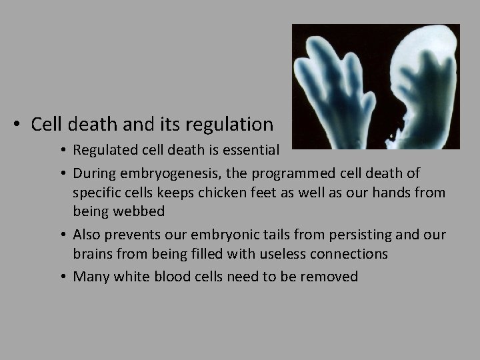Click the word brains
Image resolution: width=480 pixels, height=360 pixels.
point(93,254)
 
